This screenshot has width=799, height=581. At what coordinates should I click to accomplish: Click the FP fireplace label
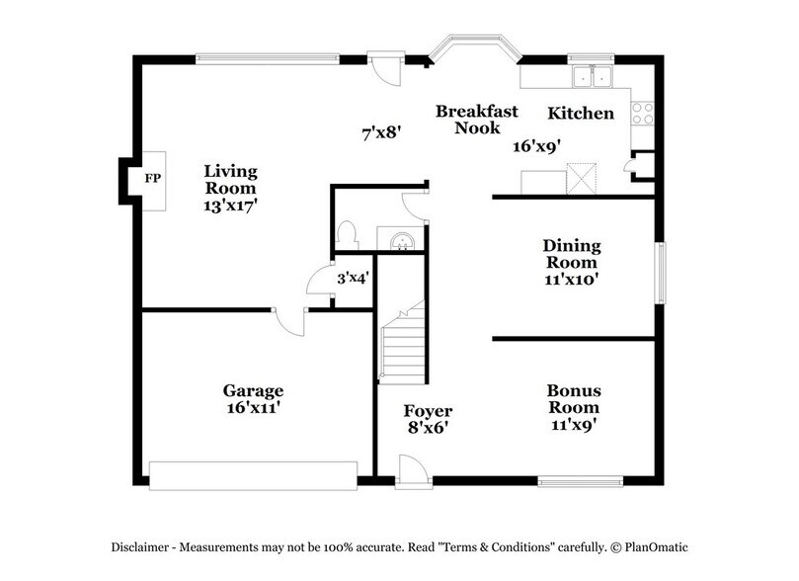pyautogui.click(x=152, y=179)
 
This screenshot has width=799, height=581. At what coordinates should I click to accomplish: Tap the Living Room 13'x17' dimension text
pyautogui.click(x=230, y=206)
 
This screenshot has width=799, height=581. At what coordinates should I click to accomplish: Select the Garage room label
pyautogui.click(x=252, y=390)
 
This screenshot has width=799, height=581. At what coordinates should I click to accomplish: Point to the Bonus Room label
pyautogui.click(x=574, y=398)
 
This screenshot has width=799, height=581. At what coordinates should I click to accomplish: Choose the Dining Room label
pyautogui.click(x=572, y=254)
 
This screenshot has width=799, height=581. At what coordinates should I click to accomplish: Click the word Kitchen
pyautogui.click(x=581, y=114)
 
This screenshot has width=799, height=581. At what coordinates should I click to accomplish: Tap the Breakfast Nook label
pyautogui.click(x=476, y=120)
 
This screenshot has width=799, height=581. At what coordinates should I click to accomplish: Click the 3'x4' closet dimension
pyautogui.click(x=353, y=279)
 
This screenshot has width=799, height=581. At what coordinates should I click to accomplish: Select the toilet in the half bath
pyautogui.click(x=346, y=234)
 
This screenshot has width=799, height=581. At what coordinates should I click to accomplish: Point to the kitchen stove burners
pyautogui.click(x=644, y=114)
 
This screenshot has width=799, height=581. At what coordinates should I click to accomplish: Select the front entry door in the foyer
pyautogui.click(x=413, y=472)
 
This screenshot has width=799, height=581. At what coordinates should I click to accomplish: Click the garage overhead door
pyautogui.click(x=252, y=473)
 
